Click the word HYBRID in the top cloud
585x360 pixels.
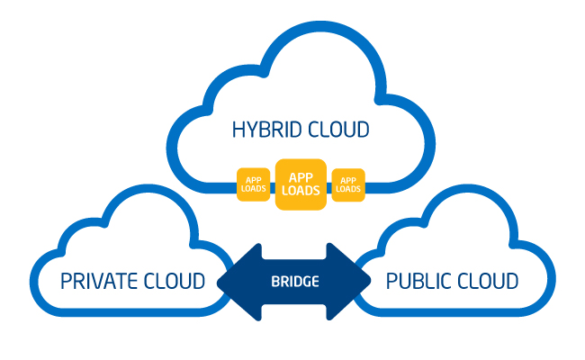[x=265, y=130]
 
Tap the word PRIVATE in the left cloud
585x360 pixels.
[x=100, y=281]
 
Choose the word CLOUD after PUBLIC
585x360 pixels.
[x=488, y=281]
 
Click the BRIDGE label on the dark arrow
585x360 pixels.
[x=295, y=282]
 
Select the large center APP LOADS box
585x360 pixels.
[x=301, y=184]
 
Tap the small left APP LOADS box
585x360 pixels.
[x=253, y=184]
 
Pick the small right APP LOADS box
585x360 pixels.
[x=348, y=184]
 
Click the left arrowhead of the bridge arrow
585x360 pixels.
[x=236, y=282]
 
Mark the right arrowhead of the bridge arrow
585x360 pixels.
[x=355, y=282]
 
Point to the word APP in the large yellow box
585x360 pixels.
[x=301, y=177]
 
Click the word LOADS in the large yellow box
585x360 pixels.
[x=301, y=192]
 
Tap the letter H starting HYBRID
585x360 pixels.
[x=238, y=130]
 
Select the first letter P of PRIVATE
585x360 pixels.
[x=66, y=281]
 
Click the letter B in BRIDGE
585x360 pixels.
[x=274, y=282]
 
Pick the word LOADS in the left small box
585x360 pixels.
[x=253, y=189]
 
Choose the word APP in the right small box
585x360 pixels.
[x=348, y=180]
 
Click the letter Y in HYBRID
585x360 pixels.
[x=251, y=130]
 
